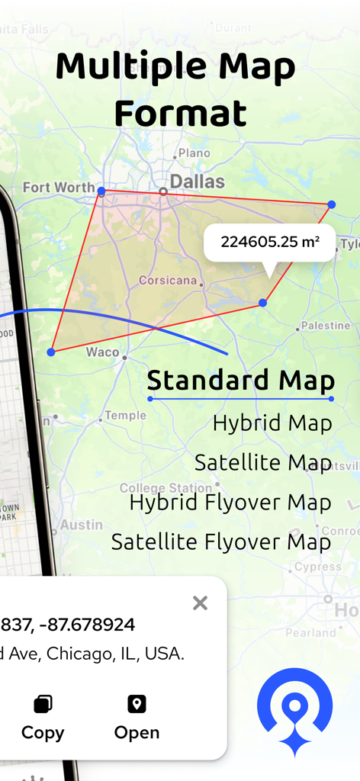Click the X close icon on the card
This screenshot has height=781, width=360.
(x=200, y=603)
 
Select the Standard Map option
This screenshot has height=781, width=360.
(x=241, y=380)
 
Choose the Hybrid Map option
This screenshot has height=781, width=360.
(x=272, y=423)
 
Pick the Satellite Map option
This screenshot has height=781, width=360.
(x=262, y=463)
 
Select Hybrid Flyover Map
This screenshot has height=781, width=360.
(x=230, y=503)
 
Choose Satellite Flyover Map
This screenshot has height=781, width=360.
(x=221, y=542)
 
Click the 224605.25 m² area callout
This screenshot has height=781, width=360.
(x=269, y=243)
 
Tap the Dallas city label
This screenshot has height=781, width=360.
(x=197, y=182)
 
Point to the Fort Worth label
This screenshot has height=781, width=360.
(x=59, y=187)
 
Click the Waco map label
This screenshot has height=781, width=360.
(x=102, y=352)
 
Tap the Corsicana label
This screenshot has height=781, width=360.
(x=168, y=280)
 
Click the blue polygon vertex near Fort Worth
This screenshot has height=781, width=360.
(x=101, y=190)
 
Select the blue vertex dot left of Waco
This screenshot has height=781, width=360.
(x=51, y=352)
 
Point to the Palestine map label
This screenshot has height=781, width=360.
(x=325, y=326)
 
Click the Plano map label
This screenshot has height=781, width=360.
(x=194, y=153)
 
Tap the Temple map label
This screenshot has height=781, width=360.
(x=125, y=416)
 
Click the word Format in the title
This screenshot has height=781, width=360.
(x=180, y=113)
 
